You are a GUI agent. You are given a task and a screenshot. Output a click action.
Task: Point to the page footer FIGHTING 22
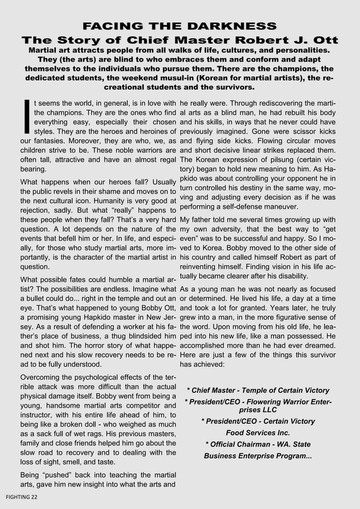(22, 496)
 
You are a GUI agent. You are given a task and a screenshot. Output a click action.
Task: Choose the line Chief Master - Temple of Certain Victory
(258, 390)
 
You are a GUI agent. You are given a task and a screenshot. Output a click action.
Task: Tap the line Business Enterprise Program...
(258, 455)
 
